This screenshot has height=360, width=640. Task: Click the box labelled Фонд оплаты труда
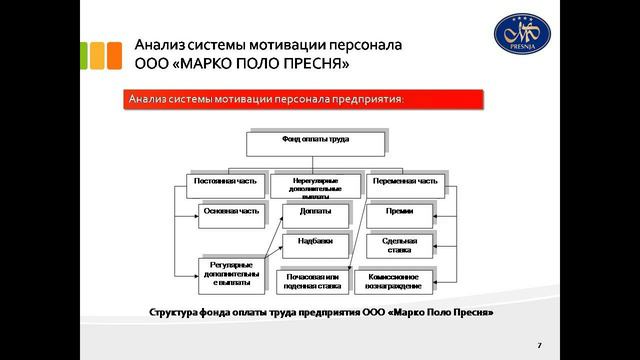[x=315, y=142]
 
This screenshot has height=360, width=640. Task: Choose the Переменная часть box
[x=404, y=184]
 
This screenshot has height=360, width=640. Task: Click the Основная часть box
[x=231, y=213]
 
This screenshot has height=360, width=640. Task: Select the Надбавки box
[x=315, y=244]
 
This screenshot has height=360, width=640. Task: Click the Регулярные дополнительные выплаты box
[x=231, y=274]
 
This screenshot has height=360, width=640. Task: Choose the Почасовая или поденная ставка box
[x=315, y=280]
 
